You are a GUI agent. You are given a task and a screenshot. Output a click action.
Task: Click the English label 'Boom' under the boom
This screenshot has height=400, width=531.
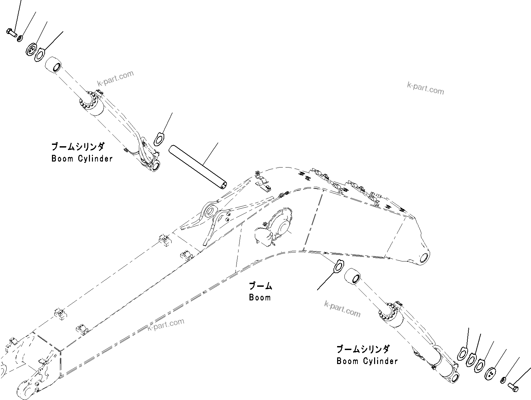tap(260, 297)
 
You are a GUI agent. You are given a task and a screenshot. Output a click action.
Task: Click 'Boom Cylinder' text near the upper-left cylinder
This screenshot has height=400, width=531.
tap(82, 159)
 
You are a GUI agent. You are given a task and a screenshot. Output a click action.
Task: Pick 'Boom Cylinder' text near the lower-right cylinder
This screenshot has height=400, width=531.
tap(367, 361)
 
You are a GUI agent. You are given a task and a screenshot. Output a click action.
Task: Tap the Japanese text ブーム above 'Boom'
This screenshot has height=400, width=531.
tap(261, 286)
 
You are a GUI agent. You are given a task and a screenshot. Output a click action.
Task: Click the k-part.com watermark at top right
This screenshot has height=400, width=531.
tap(425, 88)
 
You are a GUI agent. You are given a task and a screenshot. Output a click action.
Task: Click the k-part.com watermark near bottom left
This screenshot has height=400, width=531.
tap(166, 324)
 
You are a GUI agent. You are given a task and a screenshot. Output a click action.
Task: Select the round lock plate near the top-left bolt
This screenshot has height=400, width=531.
tap(31, 49)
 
